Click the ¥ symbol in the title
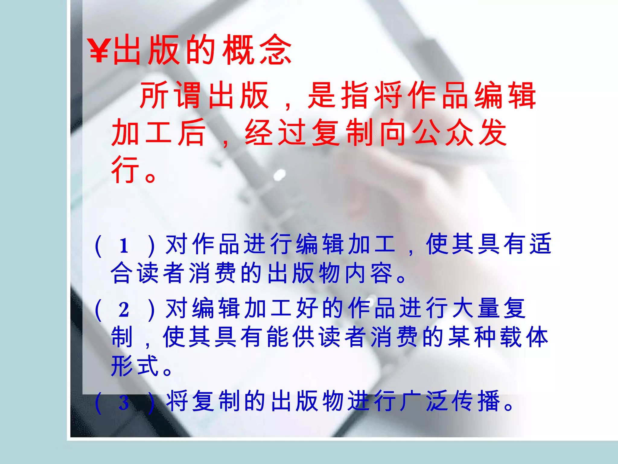[x=99, y=51]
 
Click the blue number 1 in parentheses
[x=124, y=246]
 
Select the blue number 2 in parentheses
[x=124, y=310]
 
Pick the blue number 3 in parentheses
[x=124, y=402]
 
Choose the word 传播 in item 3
[x=477, y=401]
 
